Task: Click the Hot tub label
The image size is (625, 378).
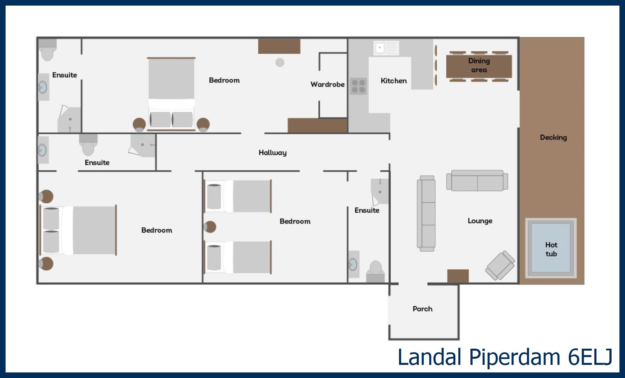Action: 551,249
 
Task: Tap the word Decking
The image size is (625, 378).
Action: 553,137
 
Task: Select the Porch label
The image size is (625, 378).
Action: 422,309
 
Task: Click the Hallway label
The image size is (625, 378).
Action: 273,153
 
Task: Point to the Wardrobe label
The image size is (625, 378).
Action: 328,84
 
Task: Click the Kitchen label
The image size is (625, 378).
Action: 394,81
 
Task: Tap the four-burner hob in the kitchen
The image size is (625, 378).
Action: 358,86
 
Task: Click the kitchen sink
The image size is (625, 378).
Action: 386,48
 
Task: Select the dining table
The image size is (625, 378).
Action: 479,66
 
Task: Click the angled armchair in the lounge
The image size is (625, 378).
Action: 500,265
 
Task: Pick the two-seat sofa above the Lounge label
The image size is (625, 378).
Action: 477,180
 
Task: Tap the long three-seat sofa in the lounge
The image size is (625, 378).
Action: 426,213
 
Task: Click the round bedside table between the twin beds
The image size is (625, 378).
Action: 210,227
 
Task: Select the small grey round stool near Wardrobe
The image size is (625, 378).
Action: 280,63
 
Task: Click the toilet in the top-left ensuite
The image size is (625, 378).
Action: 47,50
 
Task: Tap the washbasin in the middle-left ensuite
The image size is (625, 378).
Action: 43,150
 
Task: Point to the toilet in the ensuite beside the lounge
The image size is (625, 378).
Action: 375,272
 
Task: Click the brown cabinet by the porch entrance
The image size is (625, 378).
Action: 458,276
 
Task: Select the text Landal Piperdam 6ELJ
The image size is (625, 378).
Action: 505,357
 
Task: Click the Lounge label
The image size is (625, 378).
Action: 480,221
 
